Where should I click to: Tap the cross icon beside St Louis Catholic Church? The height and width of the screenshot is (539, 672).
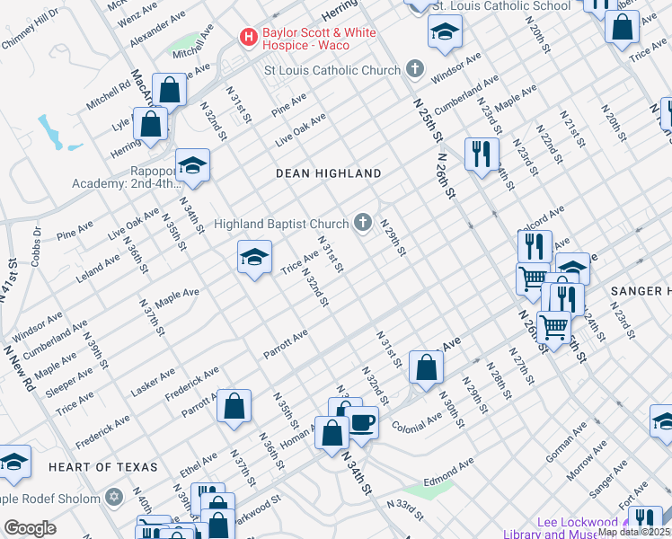coord(414,69)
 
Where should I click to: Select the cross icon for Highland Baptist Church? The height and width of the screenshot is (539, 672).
coord(363,222)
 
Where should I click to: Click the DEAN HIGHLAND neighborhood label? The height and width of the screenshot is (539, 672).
coord(328,172)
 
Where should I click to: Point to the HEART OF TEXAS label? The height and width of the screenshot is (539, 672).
coord(103,467)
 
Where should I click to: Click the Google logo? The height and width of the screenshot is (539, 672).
coord(30,528)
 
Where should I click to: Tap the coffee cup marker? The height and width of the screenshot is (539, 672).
coord(362,421)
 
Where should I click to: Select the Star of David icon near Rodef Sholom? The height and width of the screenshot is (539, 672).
coord(114,498)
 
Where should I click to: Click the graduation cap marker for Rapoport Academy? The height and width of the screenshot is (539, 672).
coord(192,166)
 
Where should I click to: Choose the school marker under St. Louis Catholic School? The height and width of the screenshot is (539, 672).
coord(444,33)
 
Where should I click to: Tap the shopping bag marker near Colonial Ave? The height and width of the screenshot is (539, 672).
coord(426,366)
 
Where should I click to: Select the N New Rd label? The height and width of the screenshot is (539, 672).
coord(18,369)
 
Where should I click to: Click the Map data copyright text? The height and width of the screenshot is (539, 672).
coord(633,531)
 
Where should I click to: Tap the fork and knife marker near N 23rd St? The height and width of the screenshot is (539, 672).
coord(482,154)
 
